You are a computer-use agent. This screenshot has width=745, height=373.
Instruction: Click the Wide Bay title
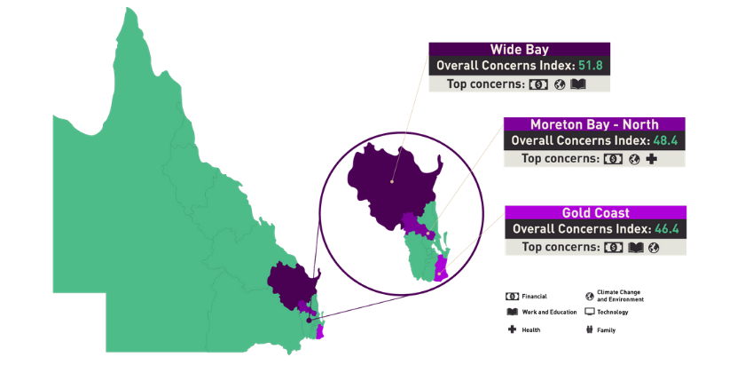519,50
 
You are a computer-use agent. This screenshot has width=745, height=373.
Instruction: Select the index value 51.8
592,66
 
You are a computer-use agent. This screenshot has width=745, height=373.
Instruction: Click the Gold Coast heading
595,213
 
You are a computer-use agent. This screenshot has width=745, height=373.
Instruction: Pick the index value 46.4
666,229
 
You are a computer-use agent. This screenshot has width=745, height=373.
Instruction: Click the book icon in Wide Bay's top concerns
578,84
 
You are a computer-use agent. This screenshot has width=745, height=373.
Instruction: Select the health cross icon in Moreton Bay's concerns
652,159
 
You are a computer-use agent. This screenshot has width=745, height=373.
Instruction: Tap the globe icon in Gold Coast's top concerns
654,248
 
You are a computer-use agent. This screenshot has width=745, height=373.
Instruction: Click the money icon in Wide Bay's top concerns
537,84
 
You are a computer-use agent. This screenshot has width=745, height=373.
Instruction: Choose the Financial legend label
534,296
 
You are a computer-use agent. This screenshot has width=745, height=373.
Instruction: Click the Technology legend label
613,313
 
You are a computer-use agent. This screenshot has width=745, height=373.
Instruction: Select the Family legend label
607,329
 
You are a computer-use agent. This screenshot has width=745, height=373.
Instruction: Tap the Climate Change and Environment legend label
620,296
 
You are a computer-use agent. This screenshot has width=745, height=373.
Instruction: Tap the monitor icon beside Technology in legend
589,312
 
